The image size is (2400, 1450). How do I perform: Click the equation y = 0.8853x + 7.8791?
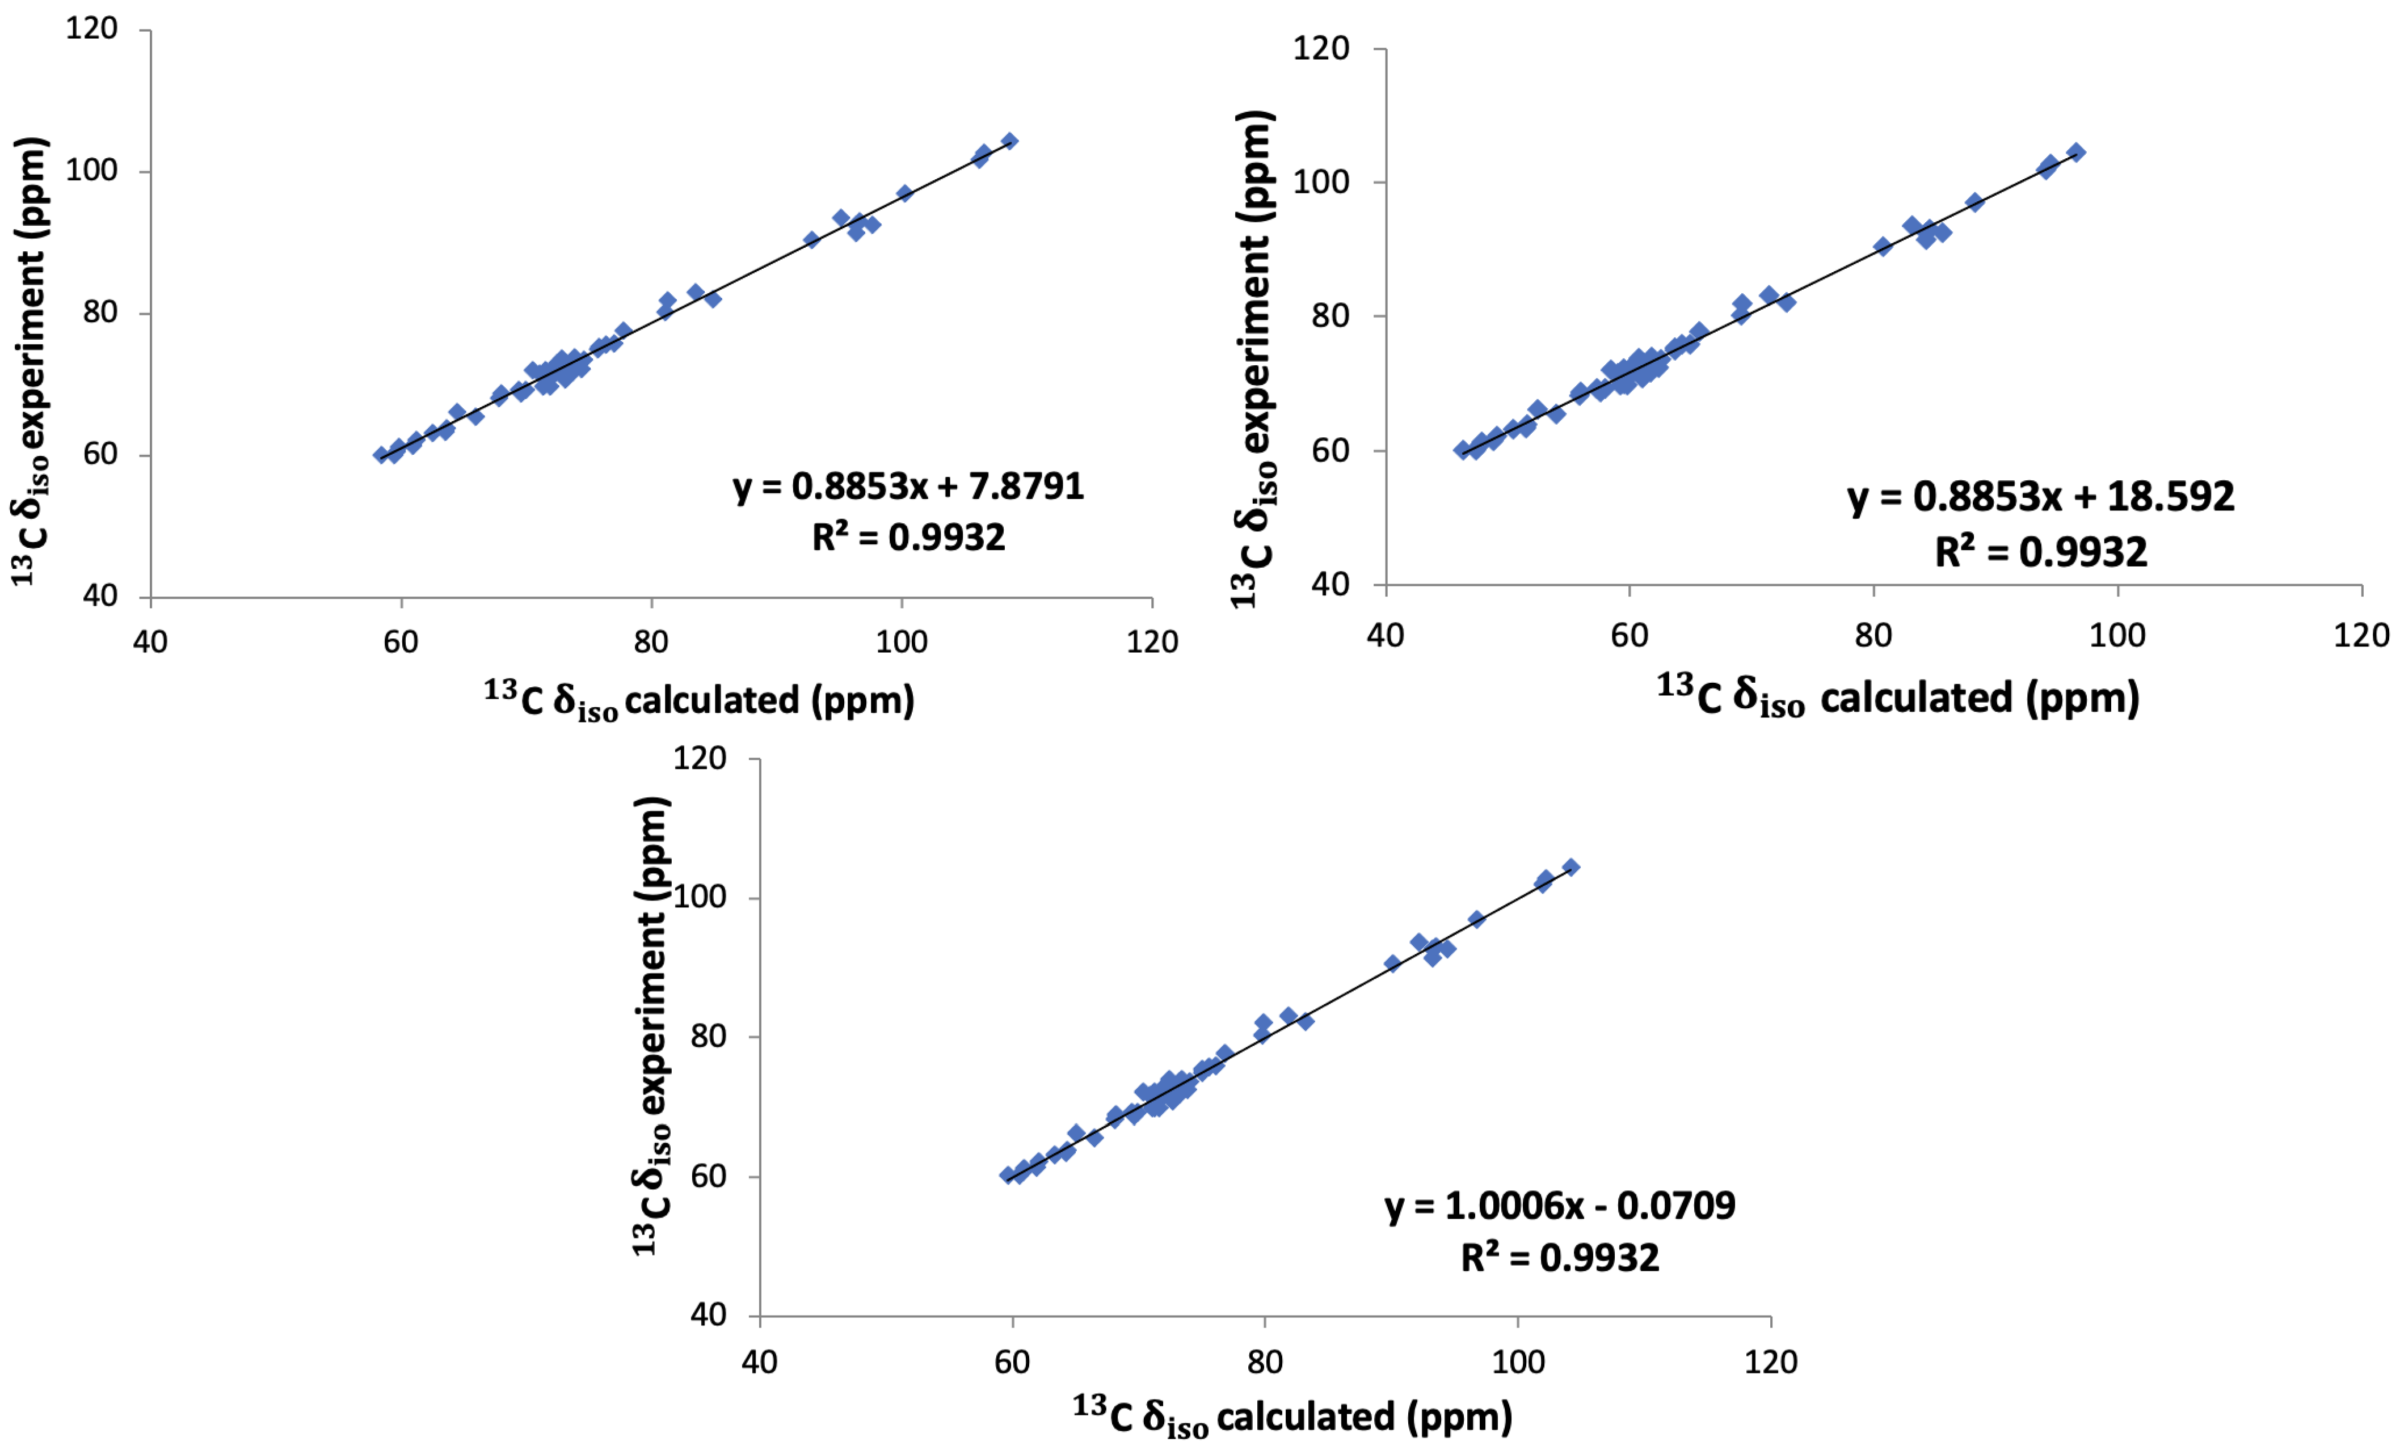pyautogui.click(x=908, y=486)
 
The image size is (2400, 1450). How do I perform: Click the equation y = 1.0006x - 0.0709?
pyautogui.click(x=1559, y=1206)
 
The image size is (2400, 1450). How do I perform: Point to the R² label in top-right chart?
pyautogui.click(x=2041, y=552)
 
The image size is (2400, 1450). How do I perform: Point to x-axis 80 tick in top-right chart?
pyautogui.click(x=1873, y=636)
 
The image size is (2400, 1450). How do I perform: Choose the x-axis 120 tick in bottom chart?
pyautogui.click(x=1770, y=1362)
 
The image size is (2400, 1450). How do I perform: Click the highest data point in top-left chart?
pyautogui.click(x=1010, y=141)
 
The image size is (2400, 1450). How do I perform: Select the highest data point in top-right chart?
pyautogui.click(x=2075, y=152)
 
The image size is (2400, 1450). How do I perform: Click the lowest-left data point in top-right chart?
pyautogui.click(x=1462, y=450)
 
